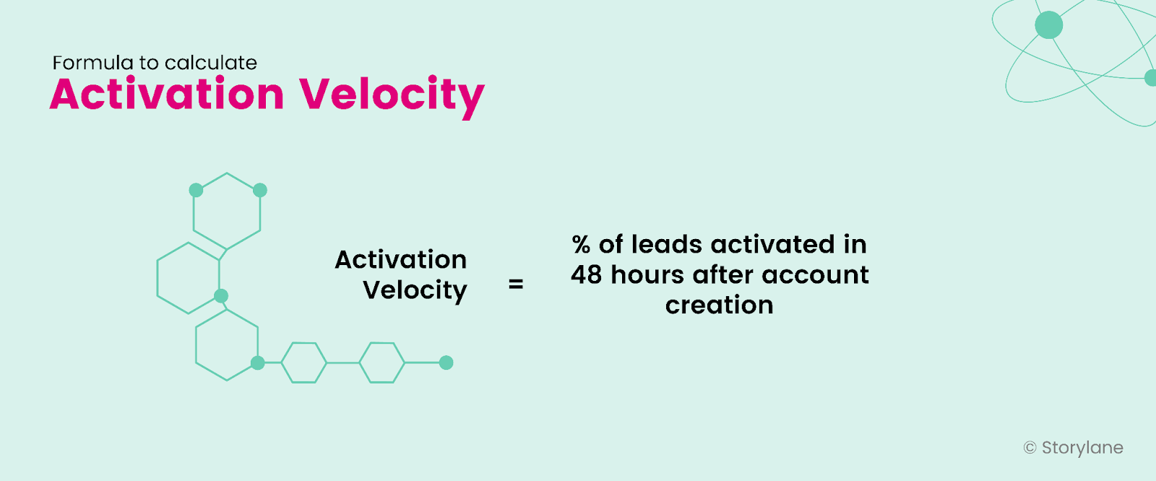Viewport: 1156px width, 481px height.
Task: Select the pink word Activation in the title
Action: tap(167, 95)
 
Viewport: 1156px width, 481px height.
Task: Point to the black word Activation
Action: tap(401, 259)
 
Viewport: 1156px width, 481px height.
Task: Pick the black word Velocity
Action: tap(415, 290)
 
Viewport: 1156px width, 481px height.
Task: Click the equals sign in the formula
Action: tap(516, 285)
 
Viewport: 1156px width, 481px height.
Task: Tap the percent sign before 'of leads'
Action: tap(581, 245)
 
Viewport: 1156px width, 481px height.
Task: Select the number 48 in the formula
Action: tap(586, 275)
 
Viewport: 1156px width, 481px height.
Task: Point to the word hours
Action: tap(647, 275)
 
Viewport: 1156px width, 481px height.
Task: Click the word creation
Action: tap(719, 305)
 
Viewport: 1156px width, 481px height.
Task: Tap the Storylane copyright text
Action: tap(1074, 448)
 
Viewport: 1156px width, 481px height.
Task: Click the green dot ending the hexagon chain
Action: tap(447, 363)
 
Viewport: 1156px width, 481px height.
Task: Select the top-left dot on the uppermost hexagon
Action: tap(196, 190)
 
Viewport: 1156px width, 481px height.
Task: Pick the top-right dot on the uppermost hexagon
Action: tap(260, 190)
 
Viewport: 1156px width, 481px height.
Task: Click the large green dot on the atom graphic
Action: tap(1048, 25)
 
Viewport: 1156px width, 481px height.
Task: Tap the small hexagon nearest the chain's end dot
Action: tap(381, 363)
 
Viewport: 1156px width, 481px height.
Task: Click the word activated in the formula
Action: tap(772, 245)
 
